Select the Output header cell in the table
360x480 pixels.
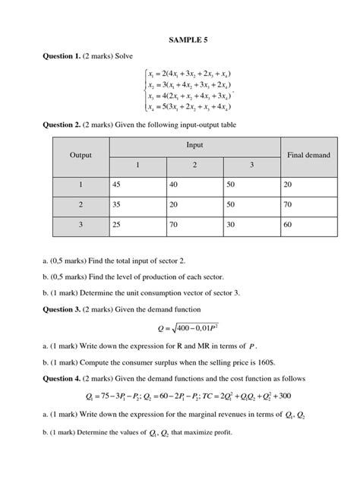81,155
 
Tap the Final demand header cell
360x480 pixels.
309,155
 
